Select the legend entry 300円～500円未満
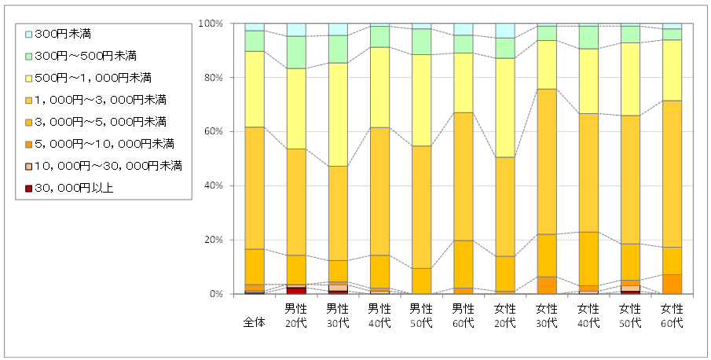83,56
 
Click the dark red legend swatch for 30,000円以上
28,188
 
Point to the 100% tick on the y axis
213,24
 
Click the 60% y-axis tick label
215,132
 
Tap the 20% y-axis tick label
215,240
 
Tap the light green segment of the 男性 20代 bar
296,52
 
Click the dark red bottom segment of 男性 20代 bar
296,291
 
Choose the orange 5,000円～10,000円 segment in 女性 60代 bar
672,284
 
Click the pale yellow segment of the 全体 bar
255,89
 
